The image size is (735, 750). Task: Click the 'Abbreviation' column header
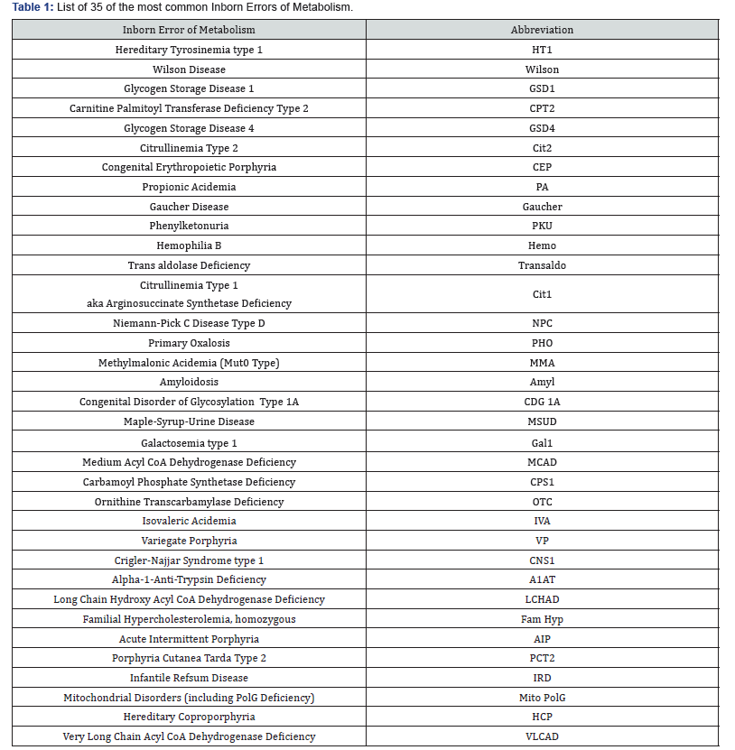pyautogui.click(x=542, y=30)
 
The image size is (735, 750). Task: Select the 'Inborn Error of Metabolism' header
pyautogui.click(x=189, y=30)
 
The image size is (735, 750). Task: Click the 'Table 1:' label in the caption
pyautogui.click(x=33, y=7)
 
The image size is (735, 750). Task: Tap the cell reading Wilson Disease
pyautogui.click(x=189, y=69)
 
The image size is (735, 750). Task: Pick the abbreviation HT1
pyautogui.click(x=542, y=50)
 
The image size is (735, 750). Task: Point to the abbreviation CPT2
pyautogui.click(x=542, y=108)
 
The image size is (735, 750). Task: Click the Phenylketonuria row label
pyautogui.click(x=189, y=226)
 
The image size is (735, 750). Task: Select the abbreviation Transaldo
pyautogui.click(x=542, y=265)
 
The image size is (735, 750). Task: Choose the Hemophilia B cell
pyautogui.click(x=189, y=245)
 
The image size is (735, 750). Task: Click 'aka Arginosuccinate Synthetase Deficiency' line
pyautogui.click(x=189, y=304)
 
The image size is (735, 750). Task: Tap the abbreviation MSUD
pyautogui.click(x=542, y=421)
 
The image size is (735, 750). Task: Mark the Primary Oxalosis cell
pyautogui.click(x=189, y=343)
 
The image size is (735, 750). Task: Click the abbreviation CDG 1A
pyautogui.click(x=542, y=402)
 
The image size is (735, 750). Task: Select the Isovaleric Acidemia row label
pyautogui.click(x=189, y=521)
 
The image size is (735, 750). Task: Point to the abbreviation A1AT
pyautogui.click(x=542, y=579)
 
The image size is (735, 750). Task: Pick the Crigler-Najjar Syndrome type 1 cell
pyautogui.click(x=189, y=560)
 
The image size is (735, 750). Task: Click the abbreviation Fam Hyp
pyautogui.click(x=542, y=619)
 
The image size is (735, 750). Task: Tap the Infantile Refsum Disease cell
pyautogui.click(x=189, y=678)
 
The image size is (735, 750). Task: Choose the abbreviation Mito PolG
pyautogui.click(x=542, y=698)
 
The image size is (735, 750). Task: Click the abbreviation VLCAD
pyautogui.click(x=542, y=736)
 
